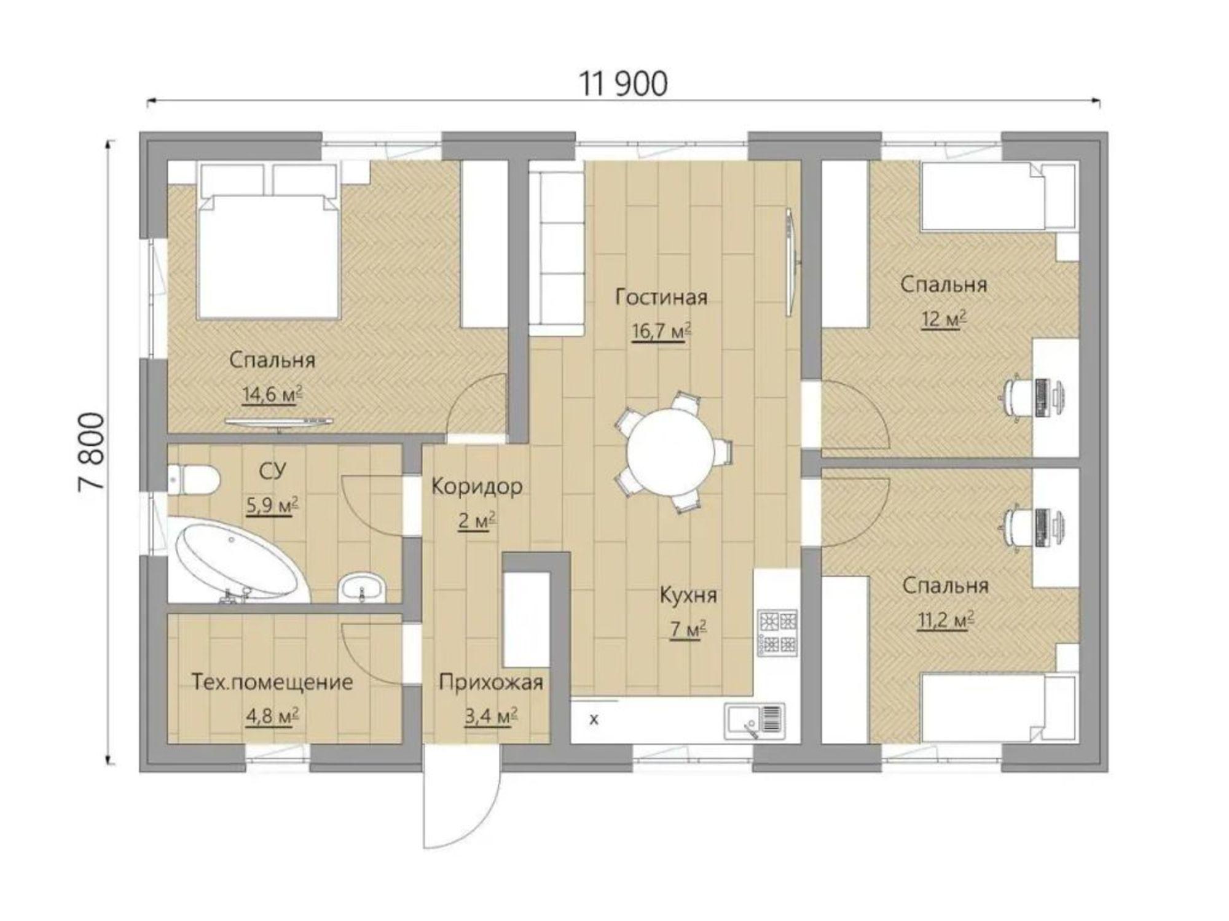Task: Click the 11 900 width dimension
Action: pyautogui.click(x=624, y=84)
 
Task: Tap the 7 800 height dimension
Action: pyautogui.click(x=92, y=451)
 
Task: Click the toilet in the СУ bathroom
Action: pyautogui.click(x=192, y=480)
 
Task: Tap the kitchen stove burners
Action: pyautogui.click(x=778, y=632)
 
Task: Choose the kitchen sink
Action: pyautogui.click(x=755, y=720)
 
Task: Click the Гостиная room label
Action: pyautogui.click(x=661, y=298)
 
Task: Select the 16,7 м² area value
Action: pyautogui.click(x=661, y=332)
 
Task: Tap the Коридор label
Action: pyautogui.click(x=477, y=487)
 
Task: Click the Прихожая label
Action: pyautogui.click(x=491, y=682)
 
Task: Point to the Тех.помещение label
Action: pyautogui.click(x=272, y=682)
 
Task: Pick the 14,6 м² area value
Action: pyautogui.click(x=273, y=394)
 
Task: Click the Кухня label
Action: pyautogui.click(x=688, y=595)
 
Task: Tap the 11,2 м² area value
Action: pyautogui.click(x=946, y=621)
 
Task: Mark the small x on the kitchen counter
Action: pyautogui.click(x=594, y=719)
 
